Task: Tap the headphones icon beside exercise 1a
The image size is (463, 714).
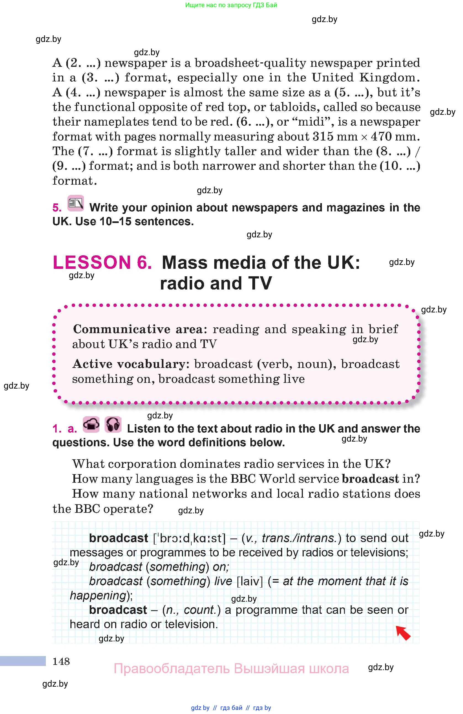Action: coord(113,424)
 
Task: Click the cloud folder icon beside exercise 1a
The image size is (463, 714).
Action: coord(91,424)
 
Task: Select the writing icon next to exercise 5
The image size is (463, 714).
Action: coord(76,203)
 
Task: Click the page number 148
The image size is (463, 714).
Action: coord(61,661)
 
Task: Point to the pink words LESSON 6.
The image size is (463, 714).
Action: coord(102,262)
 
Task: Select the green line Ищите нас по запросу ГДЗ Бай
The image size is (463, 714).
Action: coord(231,5)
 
